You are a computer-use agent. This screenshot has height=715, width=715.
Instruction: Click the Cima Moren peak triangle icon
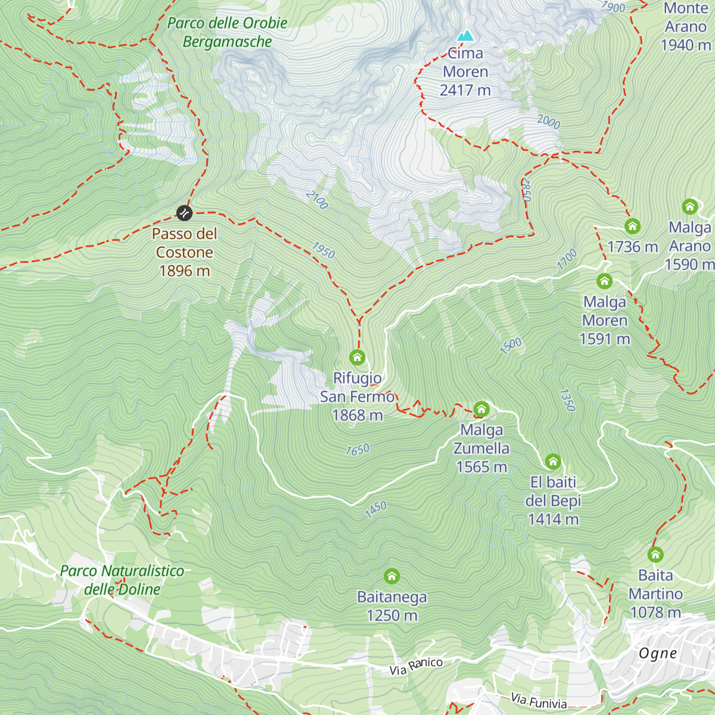tap(465, 36)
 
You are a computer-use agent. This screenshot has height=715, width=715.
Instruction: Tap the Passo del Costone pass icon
tap(185, 213)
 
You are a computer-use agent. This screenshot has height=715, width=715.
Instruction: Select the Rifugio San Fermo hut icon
tap(357, 357)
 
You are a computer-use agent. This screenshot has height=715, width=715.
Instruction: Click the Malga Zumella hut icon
tap(481, 409)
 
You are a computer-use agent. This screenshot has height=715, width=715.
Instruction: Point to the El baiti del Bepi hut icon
tap(553, 462)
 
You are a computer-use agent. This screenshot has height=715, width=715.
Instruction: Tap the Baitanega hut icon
tap(391, 576)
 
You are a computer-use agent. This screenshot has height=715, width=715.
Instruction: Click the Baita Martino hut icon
tap(655, 555)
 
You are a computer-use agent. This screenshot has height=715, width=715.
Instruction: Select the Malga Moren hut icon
tap(605, 281)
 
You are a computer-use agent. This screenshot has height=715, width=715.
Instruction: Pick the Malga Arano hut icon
tap(690, 207)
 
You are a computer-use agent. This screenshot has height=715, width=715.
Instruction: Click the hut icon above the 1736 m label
tap(632, 226)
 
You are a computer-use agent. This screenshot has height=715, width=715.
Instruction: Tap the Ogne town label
tap(658, 654)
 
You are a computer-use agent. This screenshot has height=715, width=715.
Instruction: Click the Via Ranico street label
tap(416, 666)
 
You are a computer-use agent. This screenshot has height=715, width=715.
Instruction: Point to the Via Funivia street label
tap(538, 701)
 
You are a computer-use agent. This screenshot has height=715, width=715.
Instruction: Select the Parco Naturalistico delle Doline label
tap(122, 580)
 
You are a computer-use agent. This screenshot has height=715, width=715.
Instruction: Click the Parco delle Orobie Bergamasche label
tap(228, 32)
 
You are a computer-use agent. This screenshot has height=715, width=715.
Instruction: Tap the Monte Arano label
tap(686, 18)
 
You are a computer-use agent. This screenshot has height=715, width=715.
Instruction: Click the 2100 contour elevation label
tap(317, 200)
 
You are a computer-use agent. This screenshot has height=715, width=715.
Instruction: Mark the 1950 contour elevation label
tap(324, 250)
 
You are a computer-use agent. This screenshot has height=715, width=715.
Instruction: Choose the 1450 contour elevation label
tap(376, 509)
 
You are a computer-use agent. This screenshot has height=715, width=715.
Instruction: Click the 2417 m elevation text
tap(465, 91)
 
